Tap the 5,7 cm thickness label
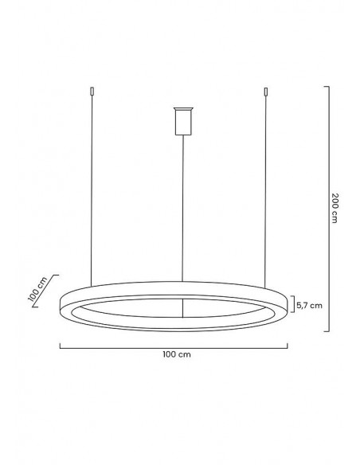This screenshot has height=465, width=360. click(x=308, y=304)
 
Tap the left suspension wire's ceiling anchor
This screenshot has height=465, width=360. click(x=93, y=92)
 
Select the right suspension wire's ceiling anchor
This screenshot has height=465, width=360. click(x=268, y=92)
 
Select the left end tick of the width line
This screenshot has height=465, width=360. click(x=61, y=345)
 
